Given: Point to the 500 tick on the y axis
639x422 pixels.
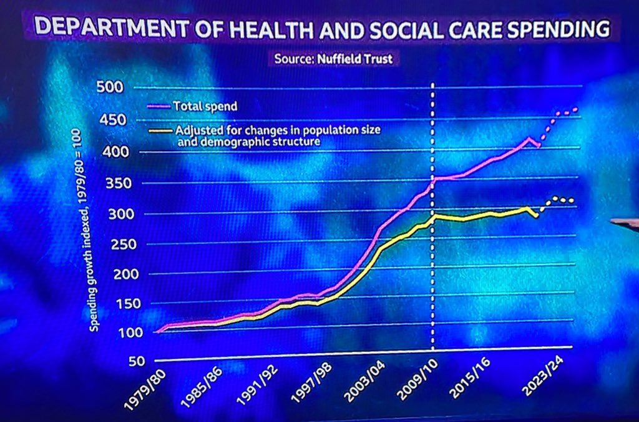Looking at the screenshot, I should click(110, 86).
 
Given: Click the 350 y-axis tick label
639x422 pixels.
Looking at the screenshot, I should click(110, 184).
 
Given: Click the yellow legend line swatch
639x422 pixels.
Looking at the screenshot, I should click(160, 131).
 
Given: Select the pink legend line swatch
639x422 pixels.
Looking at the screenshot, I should click(160, 107).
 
